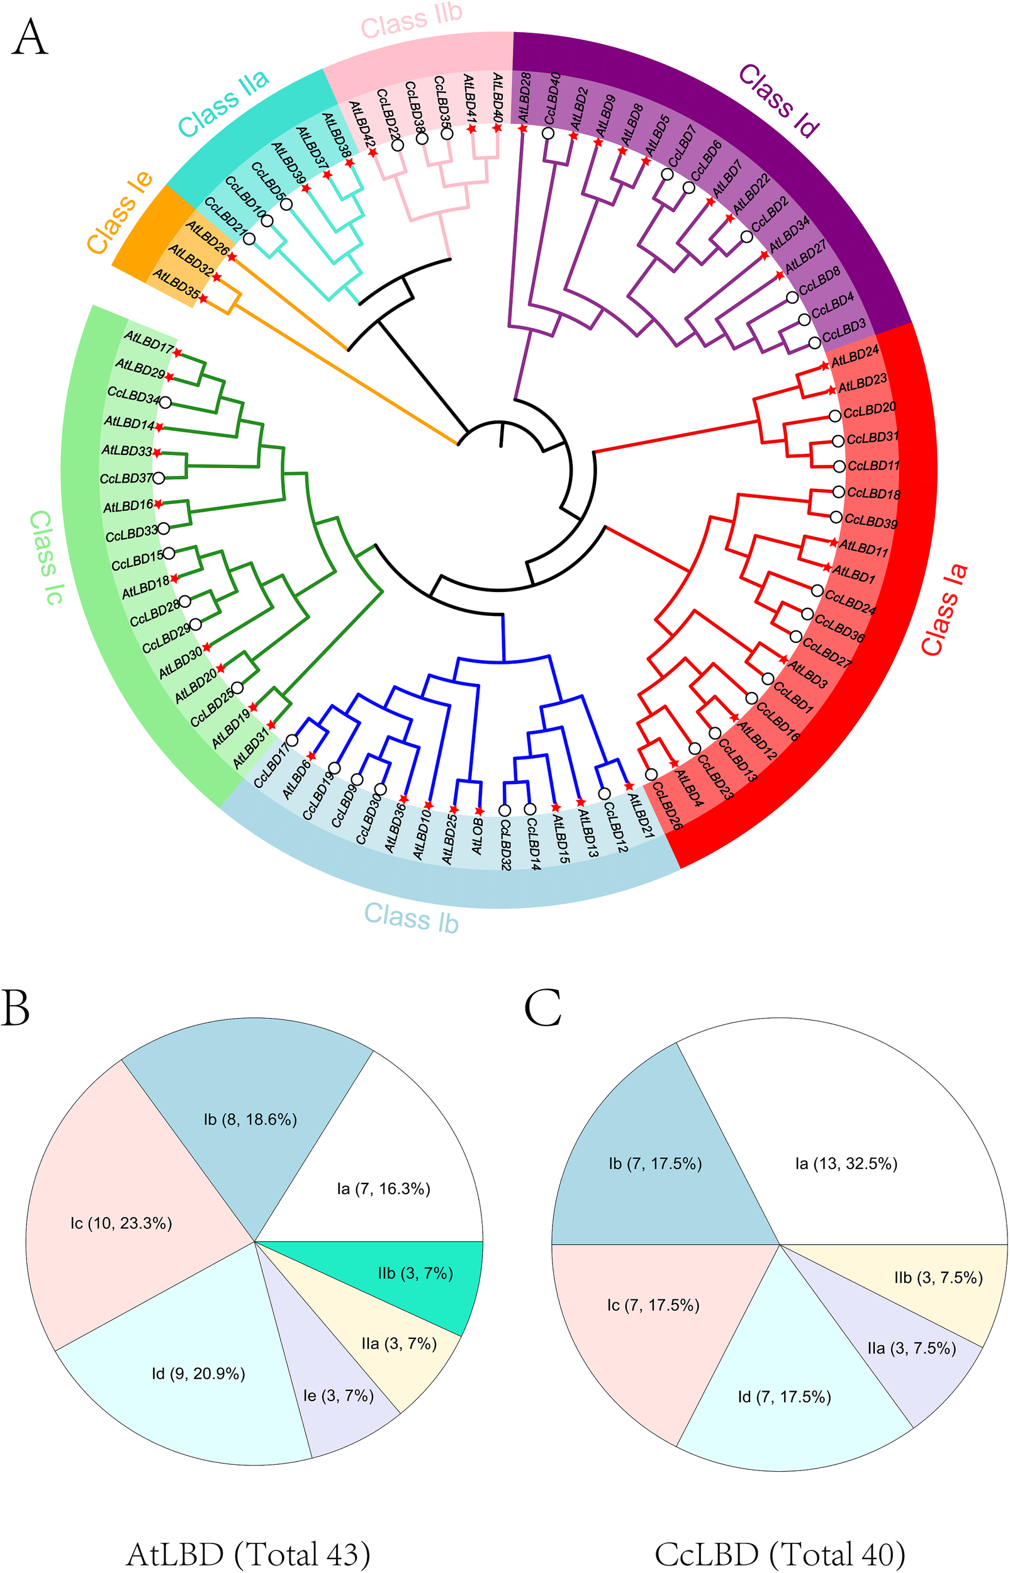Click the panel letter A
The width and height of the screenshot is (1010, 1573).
(30, 38)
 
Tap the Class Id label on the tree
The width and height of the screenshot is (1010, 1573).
(779, 102)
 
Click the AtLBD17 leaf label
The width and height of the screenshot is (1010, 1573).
(149, 342)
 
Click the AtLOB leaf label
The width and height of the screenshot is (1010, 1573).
(478, 836)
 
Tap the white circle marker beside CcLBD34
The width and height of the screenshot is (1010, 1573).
(166, 401)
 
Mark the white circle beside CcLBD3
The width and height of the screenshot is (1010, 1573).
(814, 342)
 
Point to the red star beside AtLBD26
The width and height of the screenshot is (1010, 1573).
(232, 256)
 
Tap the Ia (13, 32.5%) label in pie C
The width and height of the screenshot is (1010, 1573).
(846, 1164)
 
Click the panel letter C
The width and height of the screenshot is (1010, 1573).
(543, 1009)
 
